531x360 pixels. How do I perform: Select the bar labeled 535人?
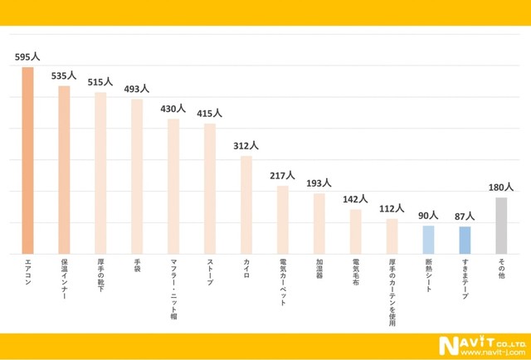coord(64,170)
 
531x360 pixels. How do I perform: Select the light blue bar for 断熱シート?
coord(428,240)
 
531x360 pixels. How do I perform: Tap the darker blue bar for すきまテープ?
coord(465,241)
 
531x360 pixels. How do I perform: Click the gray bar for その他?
coord(501,226)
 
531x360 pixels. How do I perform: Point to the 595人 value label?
coord(27,58)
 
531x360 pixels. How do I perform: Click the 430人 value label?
coord(173,109)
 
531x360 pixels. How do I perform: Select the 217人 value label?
coord(283,175)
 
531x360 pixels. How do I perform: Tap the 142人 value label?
coord(355,199)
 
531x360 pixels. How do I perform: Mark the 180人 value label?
coord(501,187)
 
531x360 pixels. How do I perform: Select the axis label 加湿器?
coord(319,270)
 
